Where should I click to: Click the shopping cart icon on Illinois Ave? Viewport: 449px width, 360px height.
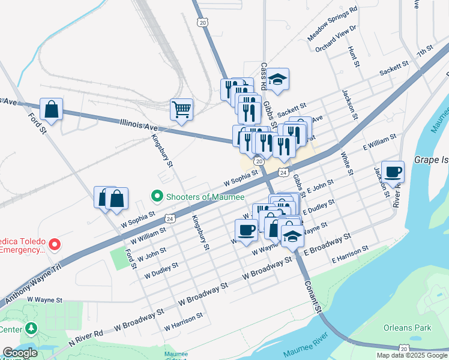pos(181,110)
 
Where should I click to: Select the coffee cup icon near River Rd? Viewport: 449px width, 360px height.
pos(393,172)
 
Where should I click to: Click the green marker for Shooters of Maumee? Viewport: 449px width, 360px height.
pos(157,196)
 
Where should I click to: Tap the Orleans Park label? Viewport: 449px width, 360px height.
pos(408,328)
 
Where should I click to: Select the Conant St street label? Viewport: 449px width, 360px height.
pos(313,296)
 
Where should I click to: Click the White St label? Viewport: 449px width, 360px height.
pos(346,163)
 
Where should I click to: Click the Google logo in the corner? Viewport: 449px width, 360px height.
pos(20,353)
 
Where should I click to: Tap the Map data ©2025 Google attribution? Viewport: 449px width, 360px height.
pos(411,355)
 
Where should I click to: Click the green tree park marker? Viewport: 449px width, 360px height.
pos(31,329)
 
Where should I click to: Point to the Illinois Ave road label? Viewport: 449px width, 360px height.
pos(139,127)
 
